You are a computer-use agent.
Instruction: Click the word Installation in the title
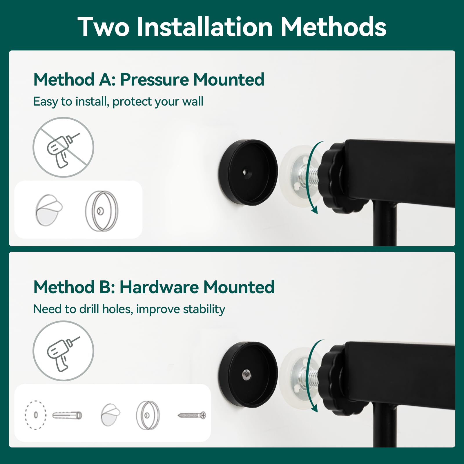[205, 27]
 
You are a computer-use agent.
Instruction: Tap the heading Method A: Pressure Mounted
[149, 79]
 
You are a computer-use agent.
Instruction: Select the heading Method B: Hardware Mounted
[154, 287]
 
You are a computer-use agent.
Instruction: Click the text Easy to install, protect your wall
[118, 101]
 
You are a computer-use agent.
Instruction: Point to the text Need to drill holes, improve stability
[129, 309]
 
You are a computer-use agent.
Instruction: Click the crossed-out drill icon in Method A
[63, 147]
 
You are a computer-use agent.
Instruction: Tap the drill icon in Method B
[63, 351]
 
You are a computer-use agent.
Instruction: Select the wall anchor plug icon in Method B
[67, 415]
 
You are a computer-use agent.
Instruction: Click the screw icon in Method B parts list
[192, 415]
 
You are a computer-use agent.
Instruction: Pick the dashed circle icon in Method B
[36, 415]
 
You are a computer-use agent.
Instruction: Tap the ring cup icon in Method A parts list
[101, 211]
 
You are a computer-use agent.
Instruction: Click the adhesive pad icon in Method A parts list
[49, 210]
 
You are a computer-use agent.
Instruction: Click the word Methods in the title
[333, 27]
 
